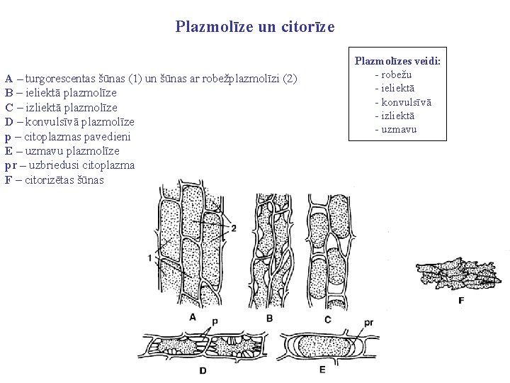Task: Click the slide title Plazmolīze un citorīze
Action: [x=255, y=27]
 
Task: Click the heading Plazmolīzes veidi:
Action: [x=397, y=62]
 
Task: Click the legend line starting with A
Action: [x=151, y=78]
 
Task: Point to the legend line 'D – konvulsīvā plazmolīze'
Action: [x=62, y=122]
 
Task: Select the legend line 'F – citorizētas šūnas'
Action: [x=54, y=180]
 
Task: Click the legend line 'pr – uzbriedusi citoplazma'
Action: [x=69, y=165]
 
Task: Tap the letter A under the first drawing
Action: [x=192, y=317]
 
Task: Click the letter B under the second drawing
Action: [x=269, y=318]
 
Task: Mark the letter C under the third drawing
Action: [x=327, y=318]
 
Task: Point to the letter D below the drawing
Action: [x=203, y=370]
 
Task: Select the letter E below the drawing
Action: [x=322, y=369]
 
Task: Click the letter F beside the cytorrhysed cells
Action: [x=461, y=301]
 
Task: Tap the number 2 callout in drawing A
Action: [x=234, y=228]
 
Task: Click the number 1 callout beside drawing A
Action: [x=150, y=257]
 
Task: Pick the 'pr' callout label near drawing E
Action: [x=368, y=322]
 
